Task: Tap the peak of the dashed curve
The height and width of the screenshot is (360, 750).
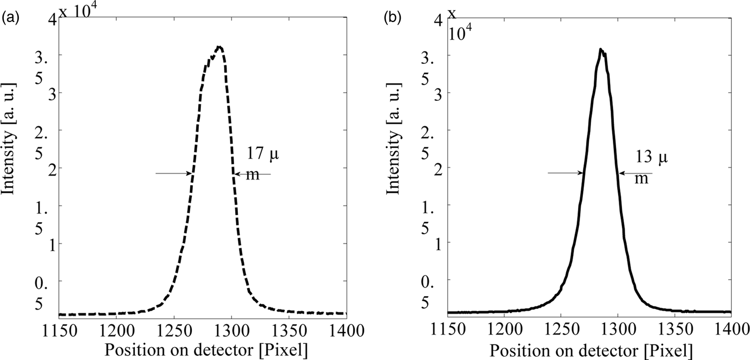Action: tap(219, 48)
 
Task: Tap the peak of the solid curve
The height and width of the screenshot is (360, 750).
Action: tap(602, 50)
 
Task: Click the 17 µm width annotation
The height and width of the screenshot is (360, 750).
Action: tap(263, 163)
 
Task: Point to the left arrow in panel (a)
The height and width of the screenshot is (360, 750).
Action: tap(173, 173)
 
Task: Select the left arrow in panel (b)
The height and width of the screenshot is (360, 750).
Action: tap(565, 172)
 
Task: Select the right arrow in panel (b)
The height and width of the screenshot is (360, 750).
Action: tap(636, 172)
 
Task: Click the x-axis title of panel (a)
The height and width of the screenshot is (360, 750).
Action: tap(206, 349)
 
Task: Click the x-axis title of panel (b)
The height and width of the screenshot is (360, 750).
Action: tap(592, 349)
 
